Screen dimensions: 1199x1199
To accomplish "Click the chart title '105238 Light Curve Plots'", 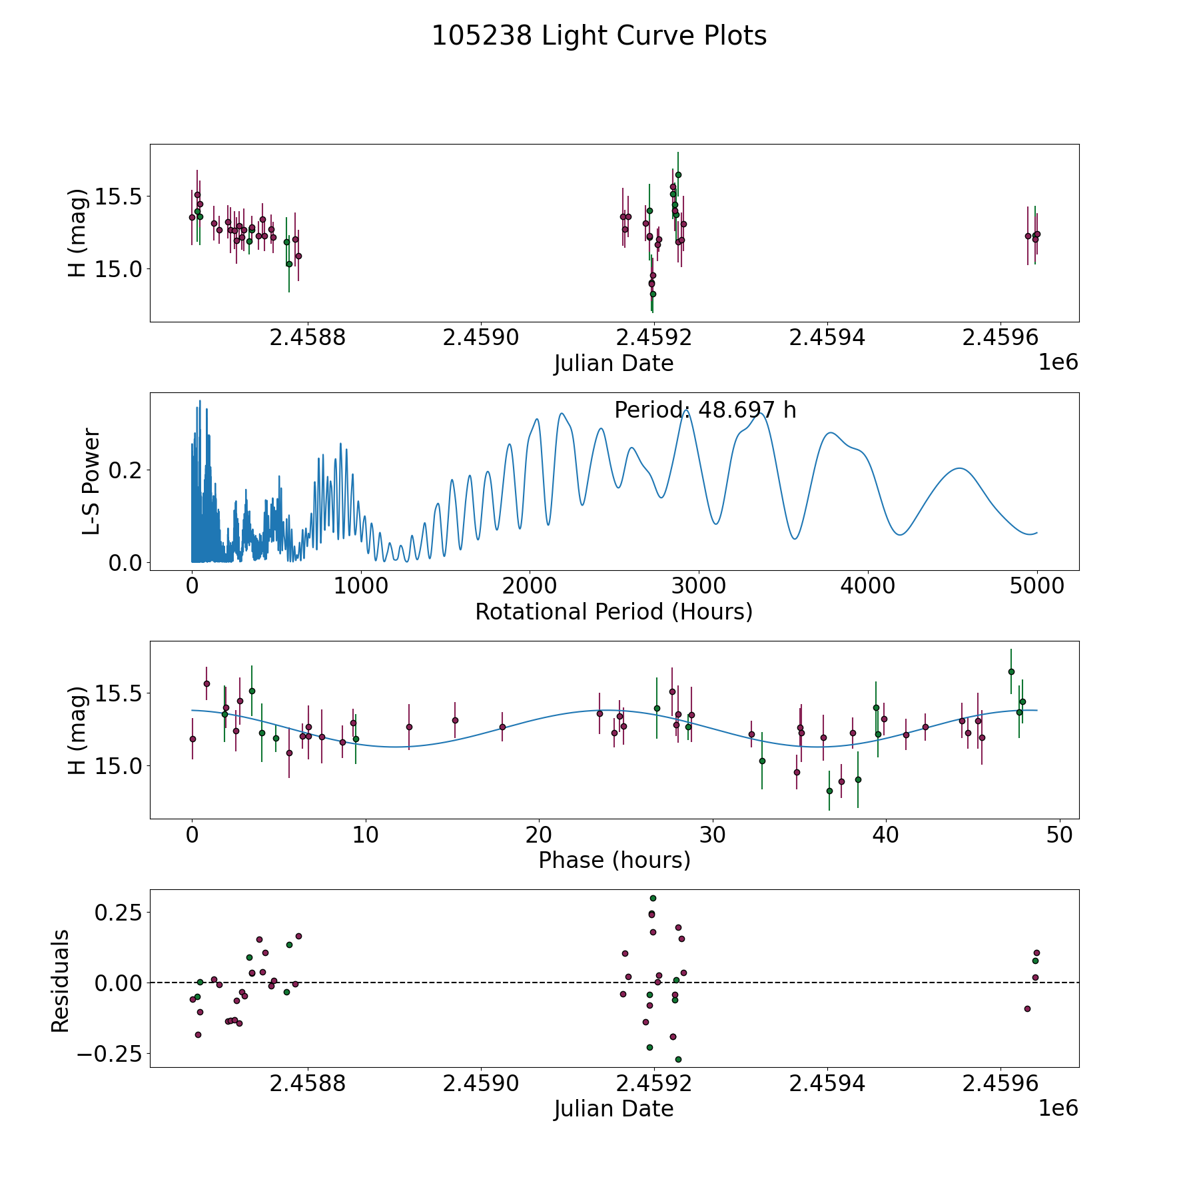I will pos(599,36).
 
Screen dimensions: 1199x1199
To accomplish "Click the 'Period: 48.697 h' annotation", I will pos(705,410).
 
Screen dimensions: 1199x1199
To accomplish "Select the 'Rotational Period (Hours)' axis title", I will pos(613,611).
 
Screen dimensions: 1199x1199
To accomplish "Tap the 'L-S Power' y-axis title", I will pos(91,482).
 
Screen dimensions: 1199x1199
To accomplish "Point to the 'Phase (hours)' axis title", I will pos(613,860).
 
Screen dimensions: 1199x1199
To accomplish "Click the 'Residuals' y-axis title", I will pos(61,981).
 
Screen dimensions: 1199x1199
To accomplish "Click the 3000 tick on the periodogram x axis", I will pos(699,586).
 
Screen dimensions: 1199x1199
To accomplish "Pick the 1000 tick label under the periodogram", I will pos(360,586).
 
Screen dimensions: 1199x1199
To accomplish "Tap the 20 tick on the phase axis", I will pos(539,835).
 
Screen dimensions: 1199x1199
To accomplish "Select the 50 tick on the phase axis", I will pos(1059,835).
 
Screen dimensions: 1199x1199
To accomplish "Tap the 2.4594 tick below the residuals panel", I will pos(827,1084).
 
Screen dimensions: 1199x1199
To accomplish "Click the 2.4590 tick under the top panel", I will pos(481,338).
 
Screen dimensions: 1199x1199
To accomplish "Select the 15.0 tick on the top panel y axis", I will pos(119,269).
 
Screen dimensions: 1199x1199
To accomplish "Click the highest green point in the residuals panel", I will pos(653,898).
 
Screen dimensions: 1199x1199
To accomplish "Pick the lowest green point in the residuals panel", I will pos(678,1059).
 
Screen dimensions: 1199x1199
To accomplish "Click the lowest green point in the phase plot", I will pos(829,791).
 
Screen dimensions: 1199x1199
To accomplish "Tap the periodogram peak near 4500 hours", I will pos(959,468).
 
